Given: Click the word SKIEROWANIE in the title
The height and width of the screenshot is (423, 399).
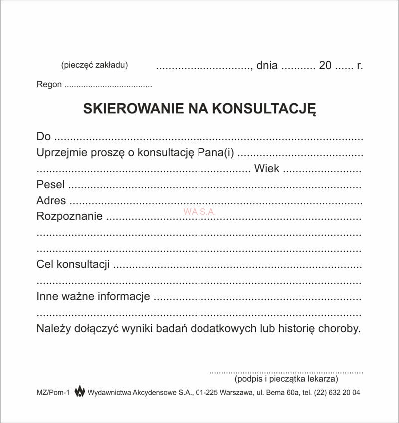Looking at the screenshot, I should [x=127, y=109].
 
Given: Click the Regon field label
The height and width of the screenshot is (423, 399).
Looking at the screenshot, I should [x=49, y=84].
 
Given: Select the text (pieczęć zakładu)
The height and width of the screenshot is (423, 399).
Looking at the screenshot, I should [x=94, y=65].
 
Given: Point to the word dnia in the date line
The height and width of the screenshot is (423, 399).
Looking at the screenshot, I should [x=267, y=66].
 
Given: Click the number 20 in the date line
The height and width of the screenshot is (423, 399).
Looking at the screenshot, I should [x=325, y=66].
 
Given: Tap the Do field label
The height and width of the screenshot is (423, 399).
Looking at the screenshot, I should [x=44, y=136].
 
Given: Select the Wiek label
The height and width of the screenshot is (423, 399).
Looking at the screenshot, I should [x=267, y=169].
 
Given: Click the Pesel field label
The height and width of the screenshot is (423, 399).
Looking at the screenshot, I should [x=50, y=185].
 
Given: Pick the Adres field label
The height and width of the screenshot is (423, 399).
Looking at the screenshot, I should [x=51, y=201].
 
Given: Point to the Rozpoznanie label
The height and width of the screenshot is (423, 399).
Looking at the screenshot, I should [x=69, y=216].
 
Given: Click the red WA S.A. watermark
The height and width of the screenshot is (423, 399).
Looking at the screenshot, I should [x=199, y=211].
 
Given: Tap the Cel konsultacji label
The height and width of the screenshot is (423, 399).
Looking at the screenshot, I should [x=73, y=265].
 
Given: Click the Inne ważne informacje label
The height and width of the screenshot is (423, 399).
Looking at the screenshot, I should [x=93, y=297].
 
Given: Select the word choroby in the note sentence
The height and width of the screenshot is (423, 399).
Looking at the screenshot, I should [x=341, y=329].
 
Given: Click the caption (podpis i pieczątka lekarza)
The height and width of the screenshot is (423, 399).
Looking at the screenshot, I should [x=286, y=379].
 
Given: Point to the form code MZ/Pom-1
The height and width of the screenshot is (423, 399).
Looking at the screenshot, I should [x=52, y=393].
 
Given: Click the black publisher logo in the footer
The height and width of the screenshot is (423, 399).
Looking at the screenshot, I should [x=79, y=392].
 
